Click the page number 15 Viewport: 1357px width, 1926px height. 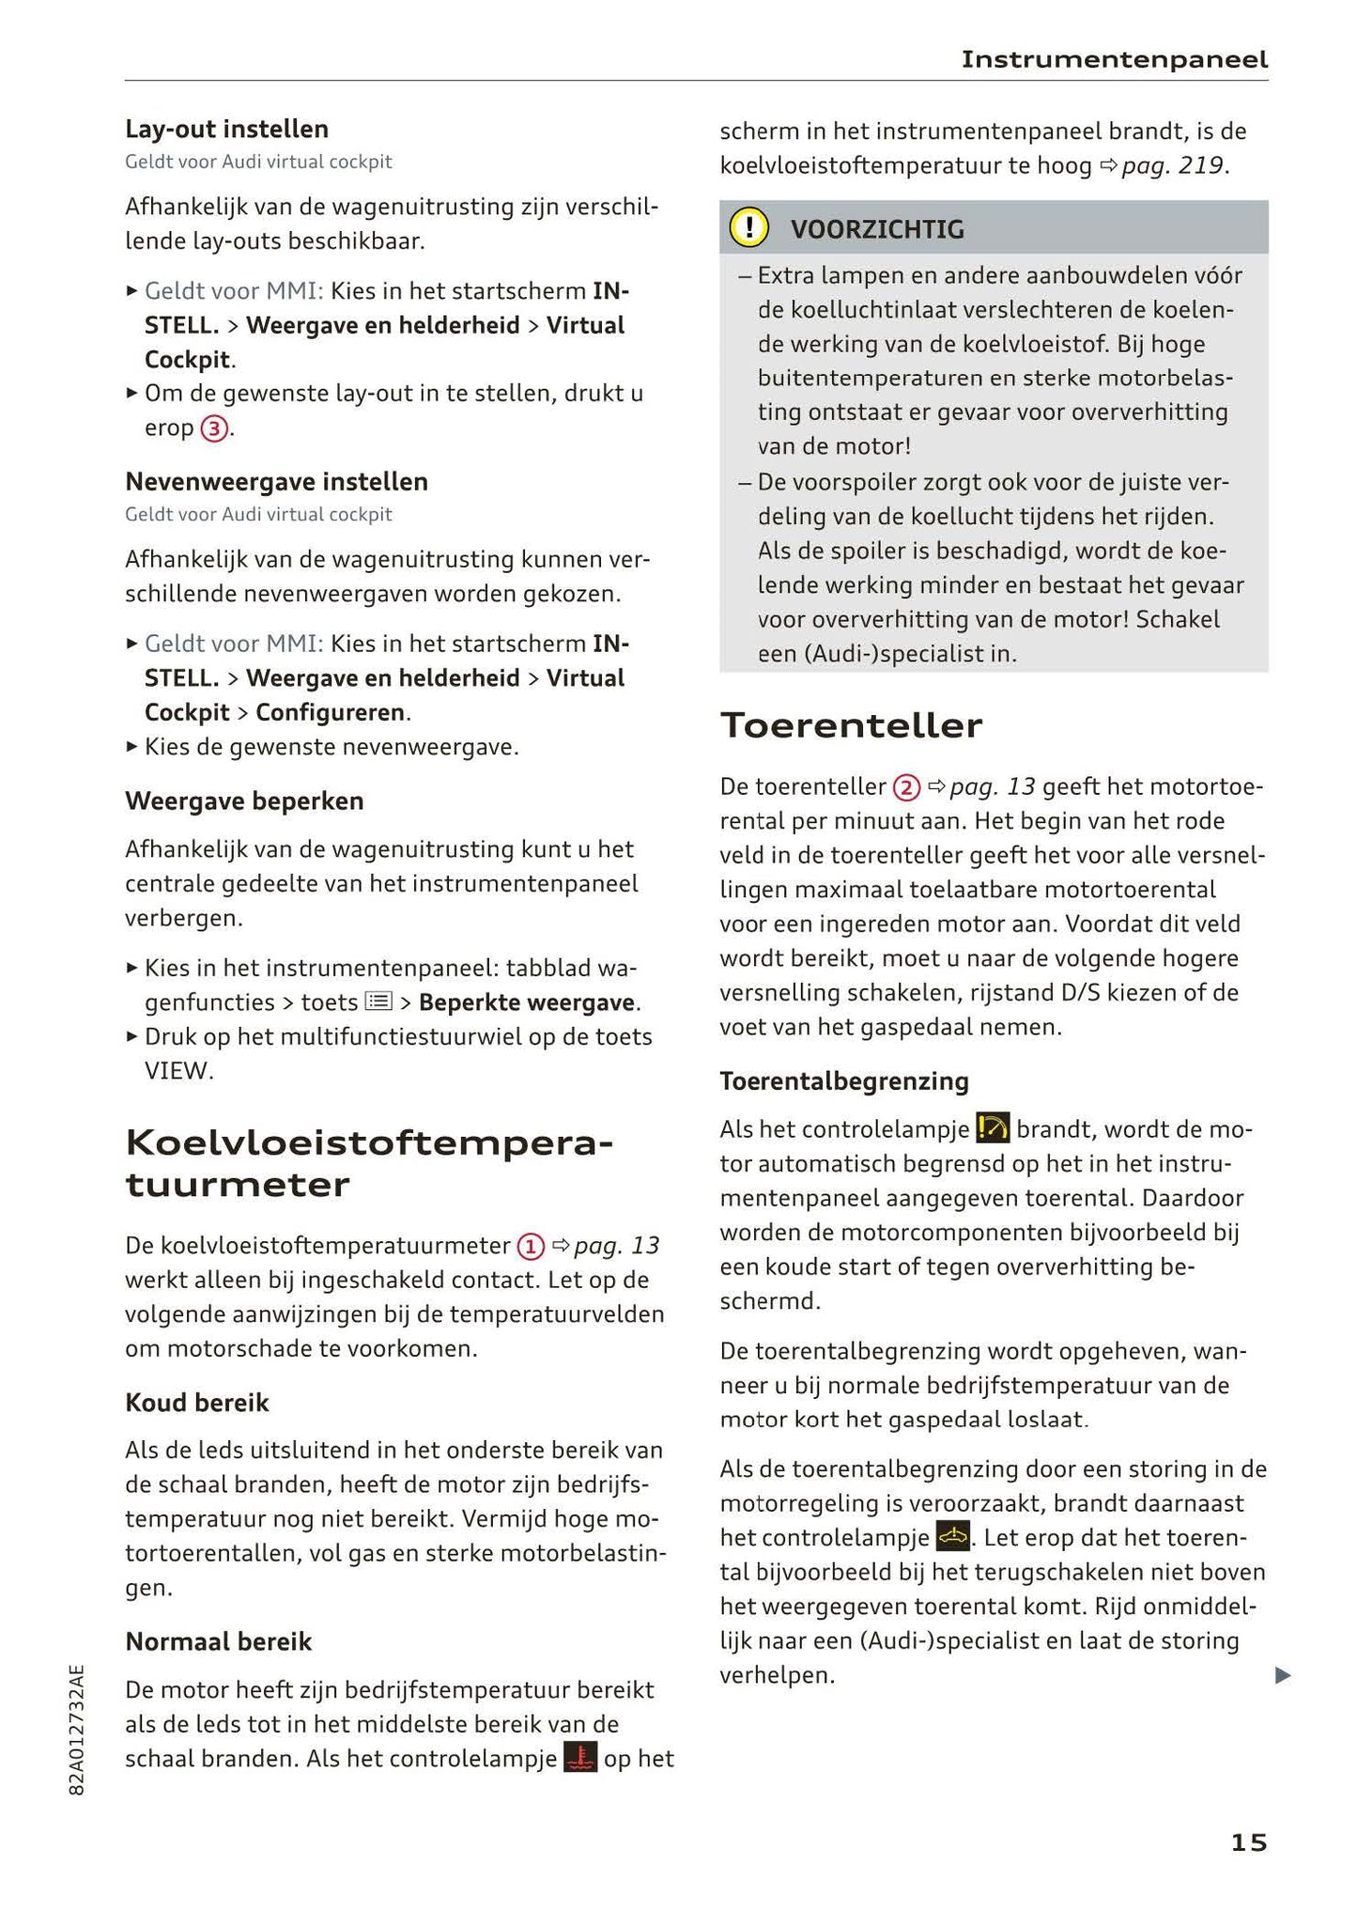click(x=1248, y=1842)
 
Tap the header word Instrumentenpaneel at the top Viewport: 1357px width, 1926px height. click(x=1114, y=60)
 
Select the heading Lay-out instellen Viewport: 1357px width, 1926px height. click(x=226, y=129)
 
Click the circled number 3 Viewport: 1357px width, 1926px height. click(x=214, y=428)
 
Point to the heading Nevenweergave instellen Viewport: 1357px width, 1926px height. click(x=276, y=482)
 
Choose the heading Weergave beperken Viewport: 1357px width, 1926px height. click(x=244, y=801)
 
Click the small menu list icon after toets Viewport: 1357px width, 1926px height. click(x=378, y=1002)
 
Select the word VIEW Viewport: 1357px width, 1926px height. click(x=177, y=1071)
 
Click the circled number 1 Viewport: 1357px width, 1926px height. click(x=531, y=1247)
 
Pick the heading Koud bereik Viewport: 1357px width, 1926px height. click(x=196, y=1403)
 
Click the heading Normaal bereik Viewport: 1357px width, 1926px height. click(x=218, y=1641)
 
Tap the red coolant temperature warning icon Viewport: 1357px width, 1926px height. click(x=580, y=1758)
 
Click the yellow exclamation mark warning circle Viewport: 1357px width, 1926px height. click(x=748, y=228)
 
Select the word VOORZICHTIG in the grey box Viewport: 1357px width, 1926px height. click(x=877, y=229)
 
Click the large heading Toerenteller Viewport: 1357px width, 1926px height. click(x=851, y=725)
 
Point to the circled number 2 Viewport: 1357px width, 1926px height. click(x=905, y=787)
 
